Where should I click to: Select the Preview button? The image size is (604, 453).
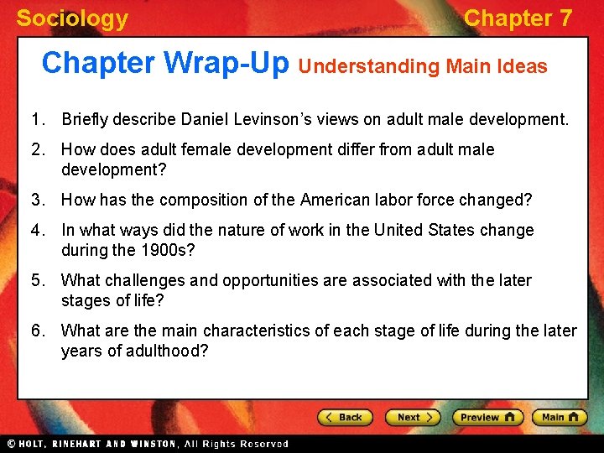tap(487, 417)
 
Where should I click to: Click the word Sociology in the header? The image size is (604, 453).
tap(72, 18)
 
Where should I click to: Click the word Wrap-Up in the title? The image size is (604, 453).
tap(226, 63)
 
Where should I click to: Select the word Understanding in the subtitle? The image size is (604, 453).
tap(370, 66)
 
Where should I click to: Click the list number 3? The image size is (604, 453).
tap(38, 200)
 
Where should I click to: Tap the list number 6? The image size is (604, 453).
tap(38, 331)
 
